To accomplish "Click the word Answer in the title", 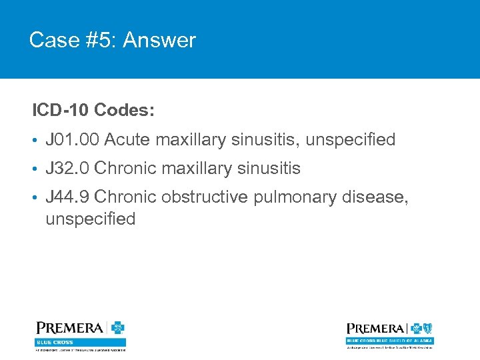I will [x=159, y=41].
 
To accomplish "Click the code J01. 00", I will [x=72, y=140].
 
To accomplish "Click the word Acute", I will [x=128, y=140].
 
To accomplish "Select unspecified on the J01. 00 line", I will [x=351, y=140].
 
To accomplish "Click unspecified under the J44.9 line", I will [x=90, y=219].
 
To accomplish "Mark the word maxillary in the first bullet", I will [x=193, y=140].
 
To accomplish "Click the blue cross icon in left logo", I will [x=117, y=328].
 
